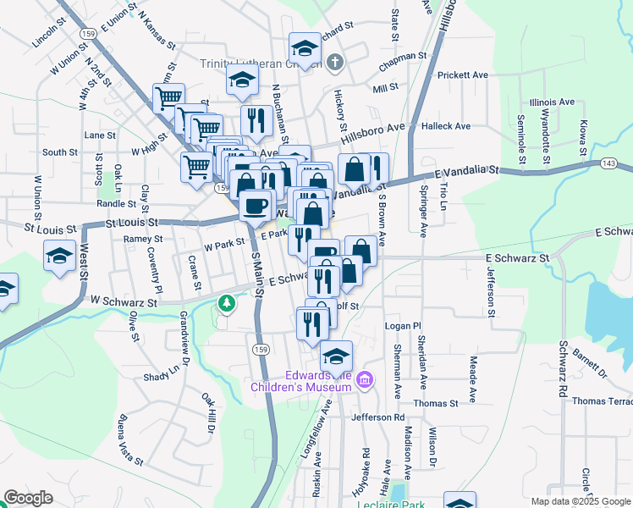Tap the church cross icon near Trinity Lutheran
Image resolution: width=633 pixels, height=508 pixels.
point(335,63)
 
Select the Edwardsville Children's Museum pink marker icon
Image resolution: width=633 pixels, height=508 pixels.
point(365,378)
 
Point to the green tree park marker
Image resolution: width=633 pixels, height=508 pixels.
point(226,302)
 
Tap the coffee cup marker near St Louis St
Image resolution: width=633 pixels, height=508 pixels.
point(255,205)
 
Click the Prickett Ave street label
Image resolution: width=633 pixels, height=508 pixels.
point(463,75)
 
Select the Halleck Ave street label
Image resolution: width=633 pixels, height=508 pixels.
point(445,126)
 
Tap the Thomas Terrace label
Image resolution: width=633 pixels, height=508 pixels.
point(602,401)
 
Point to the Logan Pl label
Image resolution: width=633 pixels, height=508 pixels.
point(403,325)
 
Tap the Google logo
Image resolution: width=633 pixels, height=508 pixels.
point(28,498)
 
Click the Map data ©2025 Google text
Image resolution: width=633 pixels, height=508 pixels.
point(580,501)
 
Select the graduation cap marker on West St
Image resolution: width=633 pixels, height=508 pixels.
point(59,255)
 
